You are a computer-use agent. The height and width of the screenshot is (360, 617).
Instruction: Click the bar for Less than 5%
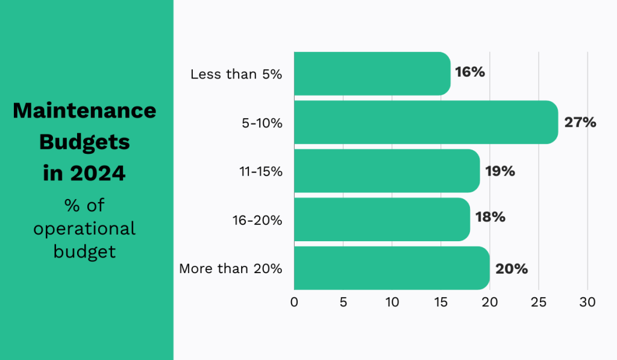pos(372,74)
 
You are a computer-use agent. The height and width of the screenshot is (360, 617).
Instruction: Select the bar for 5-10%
pos(425,122)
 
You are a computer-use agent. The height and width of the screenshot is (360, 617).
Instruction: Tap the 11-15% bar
pos(386,171)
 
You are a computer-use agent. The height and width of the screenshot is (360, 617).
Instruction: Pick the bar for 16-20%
pos(381,219)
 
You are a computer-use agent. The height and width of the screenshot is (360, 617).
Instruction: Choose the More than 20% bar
pos(391,268)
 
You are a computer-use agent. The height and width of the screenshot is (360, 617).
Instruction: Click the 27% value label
pos(580,122)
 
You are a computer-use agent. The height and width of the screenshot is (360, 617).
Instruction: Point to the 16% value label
pos(469,72)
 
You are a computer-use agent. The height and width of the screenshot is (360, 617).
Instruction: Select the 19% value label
pos(500,171)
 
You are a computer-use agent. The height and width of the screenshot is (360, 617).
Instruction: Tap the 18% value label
pos(490,217)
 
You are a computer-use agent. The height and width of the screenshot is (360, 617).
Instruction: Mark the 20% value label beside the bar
pos(511,269)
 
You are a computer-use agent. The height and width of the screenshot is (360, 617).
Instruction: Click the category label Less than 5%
pos(236,75)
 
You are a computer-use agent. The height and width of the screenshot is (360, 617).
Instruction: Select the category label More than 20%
pos(230,269)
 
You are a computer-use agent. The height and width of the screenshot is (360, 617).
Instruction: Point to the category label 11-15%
pos(260,171)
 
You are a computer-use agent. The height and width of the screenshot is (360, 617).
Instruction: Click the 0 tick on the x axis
pos(294,302)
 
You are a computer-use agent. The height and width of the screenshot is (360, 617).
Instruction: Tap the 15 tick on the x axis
pos(441,302)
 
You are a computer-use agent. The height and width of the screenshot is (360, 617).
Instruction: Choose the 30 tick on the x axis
pos(587,302)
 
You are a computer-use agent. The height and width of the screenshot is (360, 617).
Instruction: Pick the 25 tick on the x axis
pos(539,302)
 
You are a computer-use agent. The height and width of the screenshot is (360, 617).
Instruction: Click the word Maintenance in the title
pos(84,111)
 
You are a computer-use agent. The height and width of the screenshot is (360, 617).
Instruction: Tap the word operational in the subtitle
pos(84,229)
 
